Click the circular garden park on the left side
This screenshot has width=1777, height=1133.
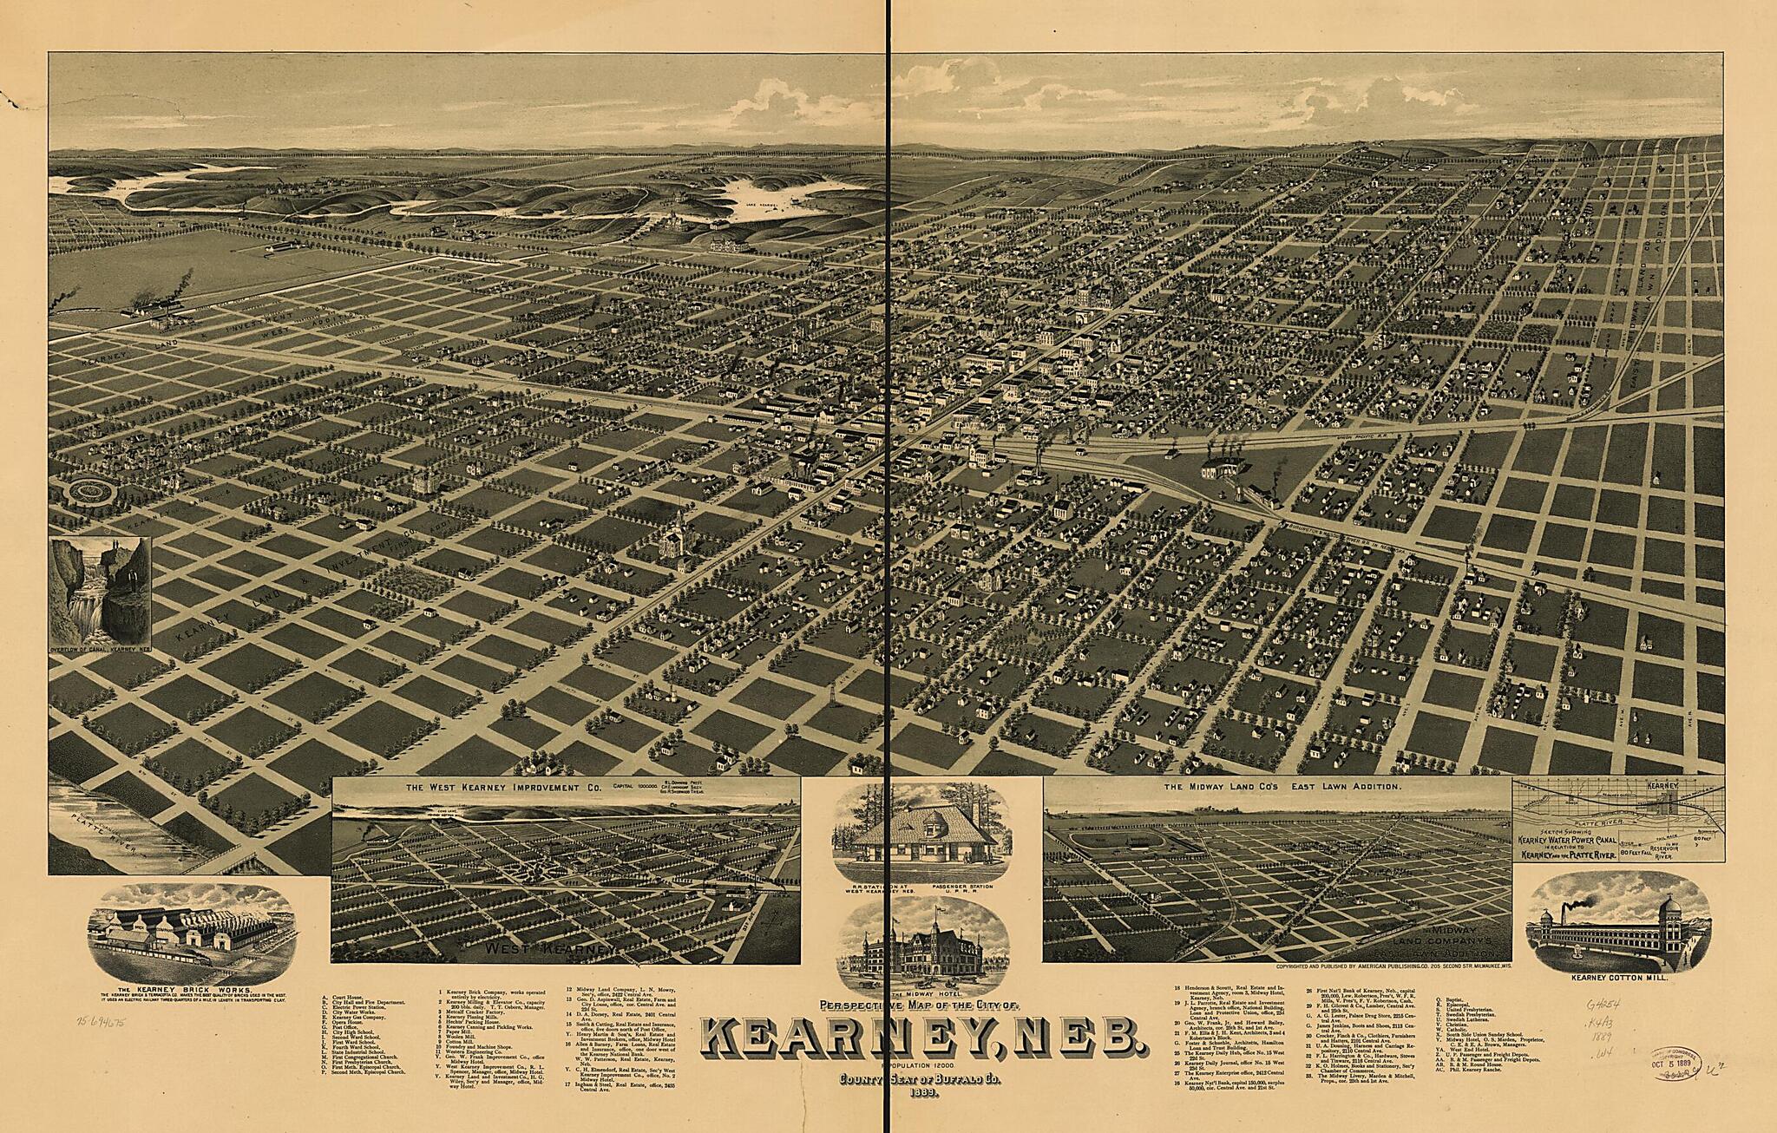click(x=91, y=492)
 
